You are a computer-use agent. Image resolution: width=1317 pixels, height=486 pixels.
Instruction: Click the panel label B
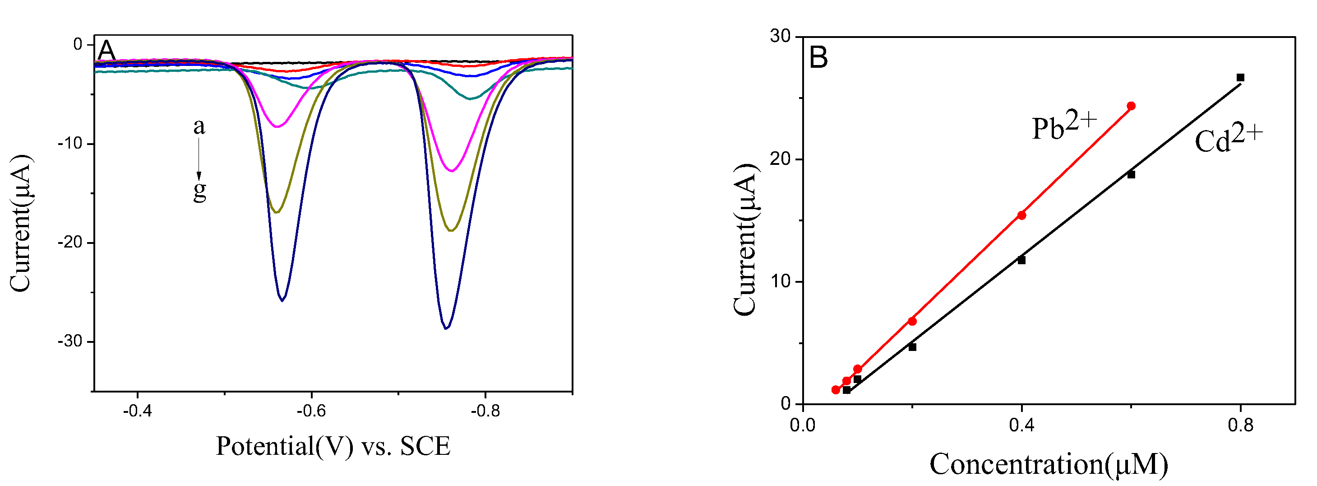[x=818, y=57]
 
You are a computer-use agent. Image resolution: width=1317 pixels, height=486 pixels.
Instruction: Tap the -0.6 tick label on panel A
[x=311, y=411]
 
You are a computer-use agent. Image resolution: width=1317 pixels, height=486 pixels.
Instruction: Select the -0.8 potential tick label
[x=485, y=411]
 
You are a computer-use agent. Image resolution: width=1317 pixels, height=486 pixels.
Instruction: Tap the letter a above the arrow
[x=199, y=126]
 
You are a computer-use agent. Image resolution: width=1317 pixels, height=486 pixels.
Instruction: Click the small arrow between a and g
[x=199, y=159]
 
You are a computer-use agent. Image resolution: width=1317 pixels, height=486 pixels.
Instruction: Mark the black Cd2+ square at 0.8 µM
[x=1240, y=78]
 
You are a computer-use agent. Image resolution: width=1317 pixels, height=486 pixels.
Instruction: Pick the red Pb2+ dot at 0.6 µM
[x=1131, y=106]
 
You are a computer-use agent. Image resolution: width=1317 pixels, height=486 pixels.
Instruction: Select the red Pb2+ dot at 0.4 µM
[x=1021, y=215]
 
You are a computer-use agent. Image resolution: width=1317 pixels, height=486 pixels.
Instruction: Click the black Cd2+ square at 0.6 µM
[x=1131, y=174]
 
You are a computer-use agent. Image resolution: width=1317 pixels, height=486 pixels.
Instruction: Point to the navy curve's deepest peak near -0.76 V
[x=446, y=328]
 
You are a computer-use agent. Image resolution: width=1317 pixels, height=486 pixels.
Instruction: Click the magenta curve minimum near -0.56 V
[x=277, y=126]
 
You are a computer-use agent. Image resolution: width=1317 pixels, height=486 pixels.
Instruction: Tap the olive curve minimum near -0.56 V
[x=277, y=212]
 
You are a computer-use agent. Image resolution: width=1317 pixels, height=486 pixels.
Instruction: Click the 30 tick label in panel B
[x=780, y=36]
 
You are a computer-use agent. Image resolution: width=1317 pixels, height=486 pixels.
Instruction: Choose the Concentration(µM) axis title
[x=1049, y=464]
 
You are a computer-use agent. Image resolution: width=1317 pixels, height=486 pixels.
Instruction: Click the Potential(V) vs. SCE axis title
[x=333, y=446]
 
